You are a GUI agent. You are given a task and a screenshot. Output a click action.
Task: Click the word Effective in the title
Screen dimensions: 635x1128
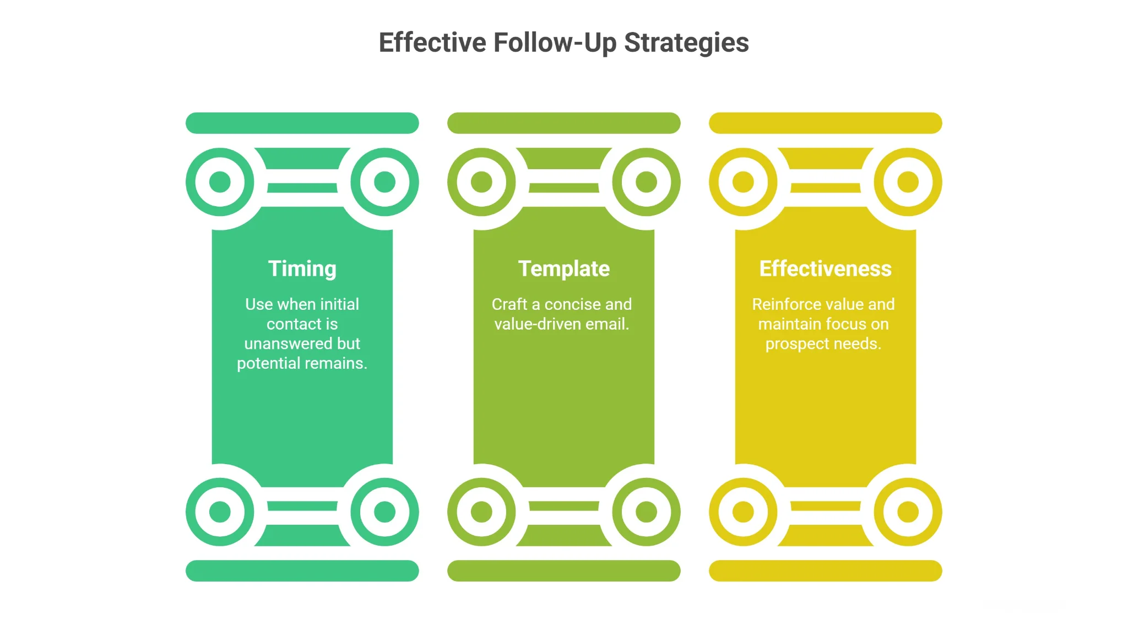click(x=432, y=43)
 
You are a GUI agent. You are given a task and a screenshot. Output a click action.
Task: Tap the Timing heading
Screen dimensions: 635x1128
click(x=302, y=269)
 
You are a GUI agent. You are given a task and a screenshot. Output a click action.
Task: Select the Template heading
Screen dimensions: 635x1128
click(x=563, y=269)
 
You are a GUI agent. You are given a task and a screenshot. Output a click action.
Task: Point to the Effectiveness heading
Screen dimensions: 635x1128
click(x=825, y=269)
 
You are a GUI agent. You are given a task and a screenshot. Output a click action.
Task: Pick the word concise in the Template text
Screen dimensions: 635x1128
click(x=573, y=304)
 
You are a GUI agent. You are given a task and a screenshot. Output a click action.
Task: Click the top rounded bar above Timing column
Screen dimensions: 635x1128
click(x=302, y=123)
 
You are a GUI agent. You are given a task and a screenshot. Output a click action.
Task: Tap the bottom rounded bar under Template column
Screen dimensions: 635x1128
click(x=563, y=571)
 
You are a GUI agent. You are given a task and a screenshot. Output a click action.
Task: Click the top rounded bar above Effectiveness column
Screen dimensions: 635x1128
click(x=825, y=123)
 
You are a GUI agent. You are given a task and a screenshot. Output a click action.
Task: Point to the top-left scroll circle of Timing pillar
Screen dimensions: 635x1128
click(x=220, y=181)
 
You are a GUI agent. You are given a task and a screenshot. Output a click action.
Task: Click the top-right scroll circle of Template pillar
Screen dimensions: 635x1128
click(x=646, y=181)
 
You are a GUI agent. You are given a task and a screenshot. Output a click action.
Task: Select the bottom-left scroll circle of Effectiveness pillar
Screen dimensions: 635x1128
click(x=743, y=512)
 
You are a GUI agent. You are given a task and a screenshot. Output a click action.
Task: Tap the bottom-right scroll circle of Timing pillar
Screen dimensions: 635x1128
click(x=384, y=512)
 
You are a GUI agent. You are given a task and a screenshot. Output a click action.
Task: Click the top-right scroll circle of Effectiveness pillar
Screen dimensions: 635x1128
click(x=908, y=181)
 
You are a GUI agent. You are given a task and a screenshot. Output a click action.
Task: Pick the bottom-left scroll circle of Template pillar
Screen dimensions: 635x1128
click(x=481, y=512)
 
